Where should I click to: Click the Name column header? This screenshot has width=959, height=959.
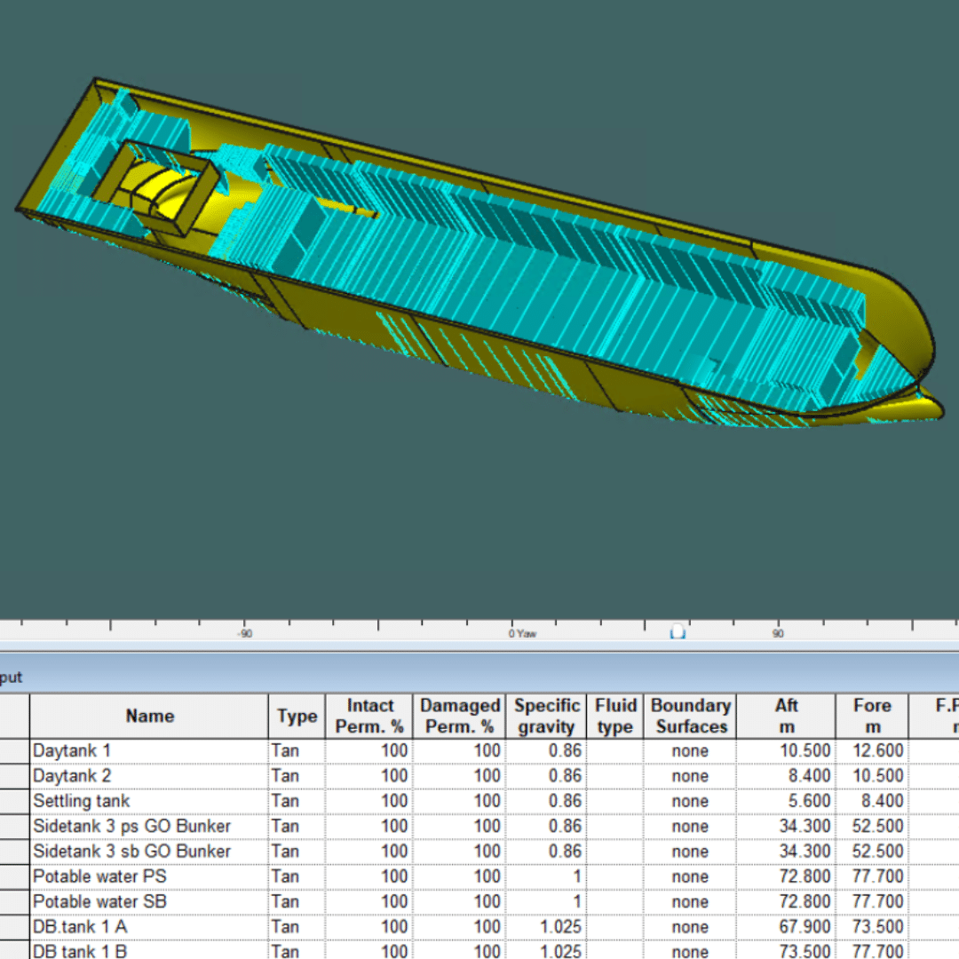click(x=149, y=716)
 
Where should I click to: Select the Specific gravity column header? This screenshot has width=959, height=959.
click(x=547, y=716)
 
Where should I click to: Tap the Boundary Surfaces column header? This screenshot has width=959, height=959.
click(x=691, y=716)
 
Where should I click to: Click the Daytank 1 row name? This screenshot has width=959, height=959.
click(x=72, y=750)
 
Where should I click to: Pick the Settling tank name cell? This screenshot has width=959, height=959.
click(x=81, y=801)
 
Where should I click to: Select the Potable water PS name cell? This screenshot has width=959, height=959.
click(x=99, y=876)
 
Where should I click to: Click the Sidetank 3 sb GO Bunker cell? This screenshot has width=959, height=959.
click(x=131, y=851)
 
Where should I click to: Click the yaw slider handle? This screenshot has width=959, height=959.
click(x=678, y=630)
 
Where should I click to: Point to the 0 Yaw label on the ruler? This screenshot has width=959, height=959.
click(x=522, y=633)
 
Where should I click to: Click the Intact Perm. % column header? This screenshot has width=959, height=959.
click(x=369, y=716)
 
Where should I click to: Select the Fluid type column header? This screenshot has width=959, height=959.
click(x=615, y=716)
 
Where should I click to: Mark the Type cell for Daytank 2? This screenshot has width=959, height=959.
click(x=285, y=776)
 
